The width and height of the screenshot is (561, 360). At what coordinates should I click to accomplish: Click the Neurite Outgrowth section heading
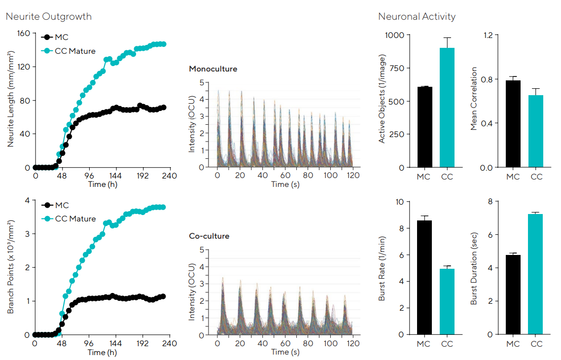pyautogui.click(x=48, y=16)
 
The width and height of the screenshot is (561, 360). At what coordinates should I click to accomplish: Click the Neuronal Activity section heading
pyautogui.click(x=417, y=16)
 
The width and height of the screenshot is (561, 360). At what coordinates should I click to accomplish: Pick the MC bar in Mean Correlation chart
pyautogui.click(x=513, y=124)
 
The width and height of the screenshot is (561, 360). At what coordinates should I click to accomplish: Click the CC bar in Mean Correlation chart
pyautogui.click(x=535, y=131)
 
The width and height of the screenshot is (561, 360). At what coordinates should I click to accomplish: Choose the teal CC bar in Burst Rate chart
pyautogui.click(x=447, y=301)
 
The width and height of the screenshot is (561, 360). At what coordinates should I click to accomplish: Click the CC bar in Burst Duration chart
pyautogui.click(x=535, y=274)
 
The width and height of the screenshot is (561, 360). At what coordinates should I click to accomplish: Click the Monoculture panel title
pyautogui.click(x=213, y=69)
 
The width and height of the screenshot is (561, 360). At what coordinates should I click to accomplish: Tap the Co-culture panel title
pyautogui.click(x=209, y=236)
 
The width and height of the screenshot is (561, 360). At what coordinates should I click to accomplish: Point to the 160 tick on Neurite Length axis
pyautogui.click(x=24, y=34)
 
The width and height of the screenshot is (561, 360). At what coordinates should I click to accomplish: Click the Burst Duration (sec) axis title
pyautogui.click(x=474, y=268)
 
